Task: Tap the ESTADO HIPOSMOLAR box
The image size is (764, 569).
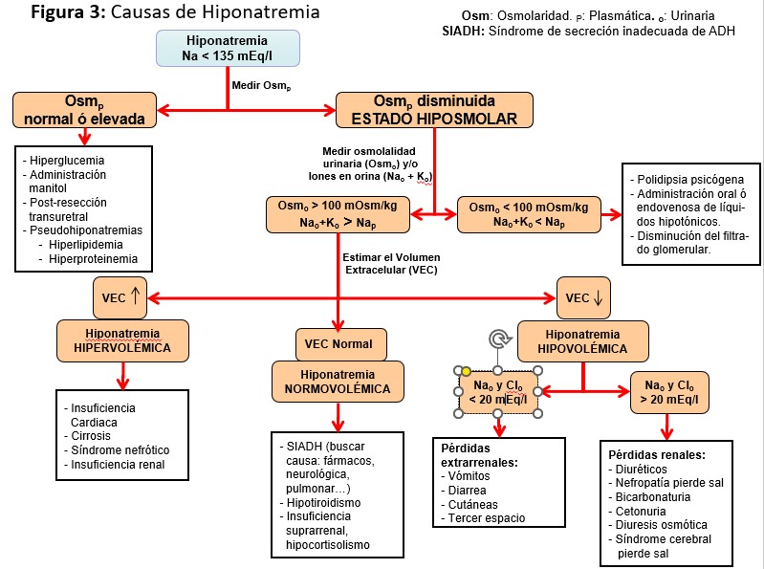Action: coord(434,110)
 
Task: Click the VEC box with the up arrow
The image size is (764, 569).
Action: coord(120,296)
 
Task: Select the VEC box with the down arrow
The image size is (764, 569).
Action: coord(584,297)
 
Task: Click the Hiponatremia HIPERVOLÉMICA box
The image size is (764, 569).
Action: coord(122,339)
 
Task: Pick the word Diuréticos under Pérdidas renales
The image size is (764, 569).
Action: coord(646,470)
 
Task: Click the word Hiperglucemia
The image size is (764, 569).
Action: coord(67,161)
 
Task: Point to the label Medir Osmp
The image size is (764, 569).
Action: coord(261,84)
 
